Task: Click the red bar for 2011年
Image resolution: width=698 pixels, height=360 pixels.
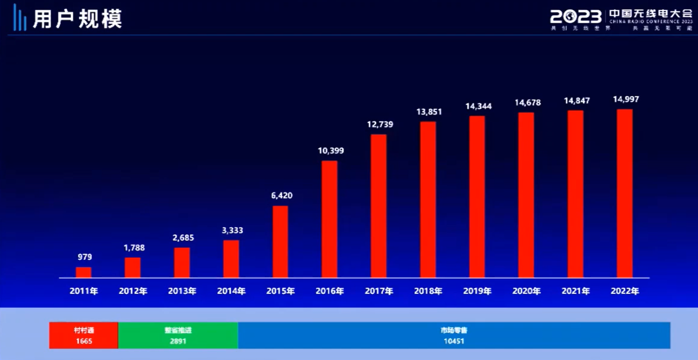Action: pos(84,272)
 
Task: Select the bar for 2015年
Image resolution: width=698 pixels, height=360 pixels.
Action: pos(280,241)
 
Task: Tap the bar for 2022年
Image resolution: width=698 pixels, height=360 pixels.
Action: pos(625,193)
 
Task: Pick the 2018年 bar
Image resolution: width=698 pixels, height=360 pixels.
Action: pos(428,199)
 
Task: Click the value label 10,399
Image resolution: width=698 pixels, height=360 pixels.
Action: pos(330,151)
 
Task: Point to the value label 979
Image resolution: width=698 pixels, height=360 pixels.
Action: pos(84,257)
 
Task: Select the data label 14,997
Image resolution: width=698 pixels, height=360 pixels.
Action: pos(625,99)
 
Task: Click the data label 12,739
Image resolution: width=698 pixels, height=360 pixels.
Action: pos(379,124)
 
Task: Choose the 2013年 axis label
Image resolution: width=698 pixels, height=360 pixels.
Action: pos(182,291)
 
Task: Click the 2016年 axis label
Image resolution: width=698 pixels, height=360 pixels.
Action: pos(330,291)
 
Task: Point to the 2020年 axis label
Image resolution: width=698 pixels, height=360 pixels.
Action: pos(527,291)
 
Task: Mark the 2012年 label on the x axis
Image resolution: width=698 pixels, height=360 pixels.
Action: pos(133,291)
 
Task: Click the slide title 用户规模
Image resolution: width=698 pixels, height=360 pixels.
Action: pos(78,19)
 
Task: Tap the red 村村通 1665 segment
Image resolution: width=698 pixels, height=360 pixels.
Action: pos(84,335)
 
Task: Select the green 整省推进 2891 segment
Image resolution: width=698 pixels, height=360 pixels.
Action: pos(178,335)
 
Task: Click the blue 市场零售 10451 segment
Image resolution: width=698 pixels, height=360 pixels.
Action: pos(454,335)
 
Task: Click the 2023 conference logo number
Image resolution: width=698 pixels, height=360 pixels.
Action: pos(576,17)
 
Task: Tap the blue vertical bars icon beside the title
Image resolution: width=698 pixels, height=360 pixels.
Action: pos(20,18)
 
